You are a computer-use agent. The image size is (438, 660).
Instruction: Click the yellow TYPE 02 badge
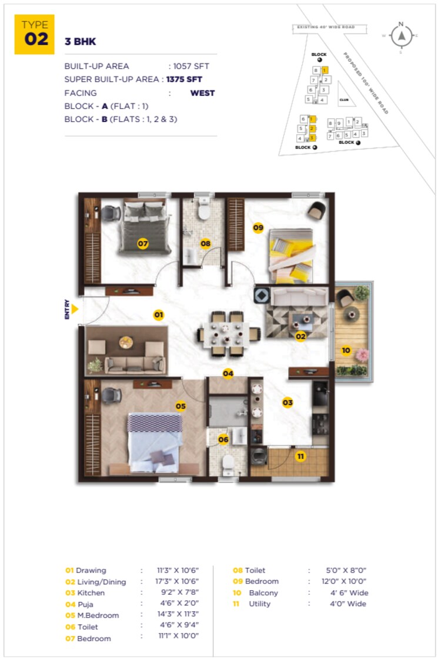coord(34,34)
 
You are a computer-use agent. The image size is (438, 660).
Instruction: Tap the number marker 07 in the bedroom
coord(142,243)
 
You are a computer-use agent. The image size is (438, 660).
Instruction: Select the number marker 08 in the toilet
coord(205,243)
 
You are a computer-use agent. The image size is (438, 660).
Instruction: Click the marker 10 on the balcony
coord(346,350)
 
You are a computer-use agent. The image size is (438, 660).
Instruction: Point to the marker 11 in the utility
coord(300,456)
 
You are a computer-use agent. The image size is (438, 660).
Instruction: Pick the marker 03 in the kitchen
coord(287,403)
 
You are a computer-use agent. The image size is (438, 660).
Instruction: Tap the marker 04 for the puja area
coord(228,373)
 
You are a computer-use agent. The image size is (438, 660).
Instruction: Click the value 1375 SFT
coord(187,79)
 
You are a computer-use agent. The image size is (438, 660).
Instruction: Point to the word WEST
coord(202,93)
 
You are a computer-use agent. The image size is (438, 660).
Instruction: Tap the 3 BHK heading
coord(80,42)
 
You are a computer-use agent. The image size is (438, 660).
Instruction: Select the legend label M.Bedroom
coord(98,615)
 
